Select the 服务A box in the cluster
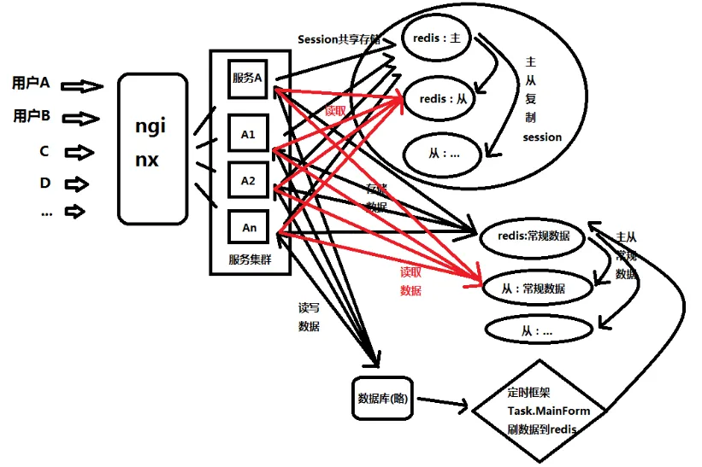click(249, 78)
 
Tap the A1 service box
click(249, 134)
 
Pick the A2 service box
click(249, 181)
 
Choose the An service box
click(249, 227)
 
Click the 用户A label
click(32, 84)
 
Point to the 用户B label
click(32, 116)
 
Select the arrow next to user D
click(76, 184)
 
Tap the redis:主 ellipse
click(437, 40)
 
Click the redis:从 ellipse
click(445, 99)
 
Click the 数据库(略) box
click(385, 399)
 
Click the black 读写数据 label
click(309, 317)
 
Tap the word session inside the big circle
click(542, 137)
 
